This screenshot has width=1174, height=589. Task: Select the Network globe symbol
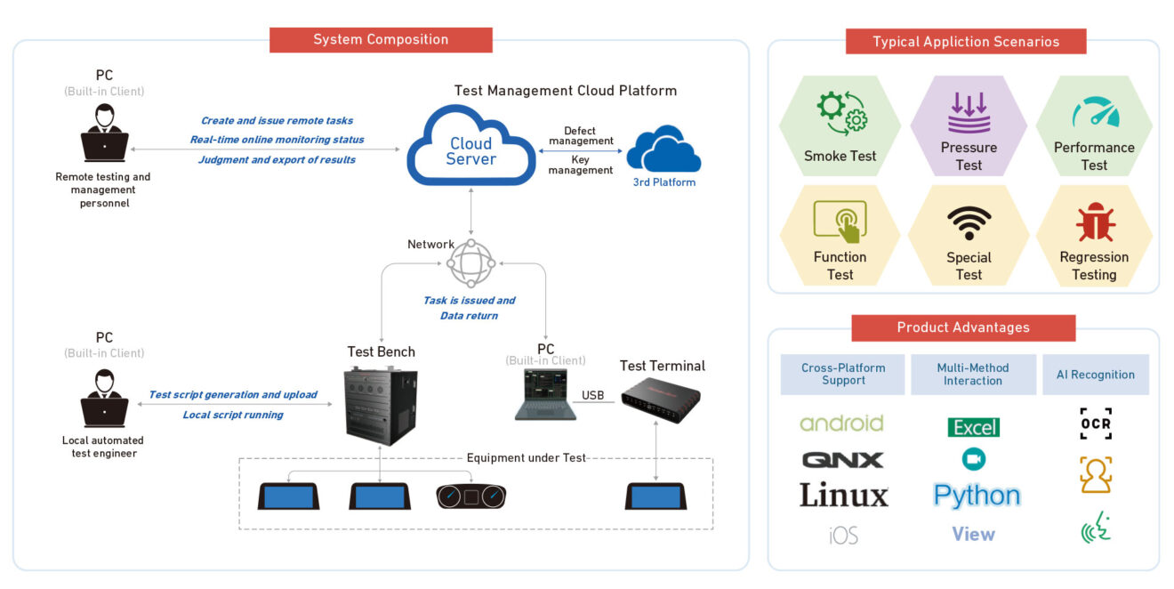coord(470,262)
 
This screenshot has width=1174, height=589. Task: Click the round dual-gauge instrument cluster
coord(470,496)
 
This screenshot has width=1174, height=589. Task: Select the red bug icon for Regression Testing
coord(1095,222)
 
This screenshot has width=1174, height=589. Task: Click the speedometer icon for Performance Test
coord(1095,113)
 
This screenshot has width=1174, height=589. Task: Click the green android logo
coord(841,424)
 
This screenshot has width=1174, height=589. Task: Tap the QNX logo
coord(842,460)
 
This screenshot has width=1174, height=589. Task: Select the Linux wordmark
coord(843,496)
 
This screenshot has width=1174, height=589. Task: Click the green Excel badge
coord(974,428)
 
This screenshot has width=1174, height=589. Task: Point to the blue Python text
coord(977,496)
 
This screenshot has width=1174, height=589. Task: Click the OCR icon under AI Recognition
coord(1096,424)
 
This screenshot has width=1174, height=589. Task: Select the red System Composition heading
coord(381,39)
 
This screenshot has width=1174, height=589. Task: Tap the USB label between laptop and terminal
coord(593,395)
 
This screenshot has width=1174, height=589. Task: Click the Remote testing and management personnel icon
coord(104,133)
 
